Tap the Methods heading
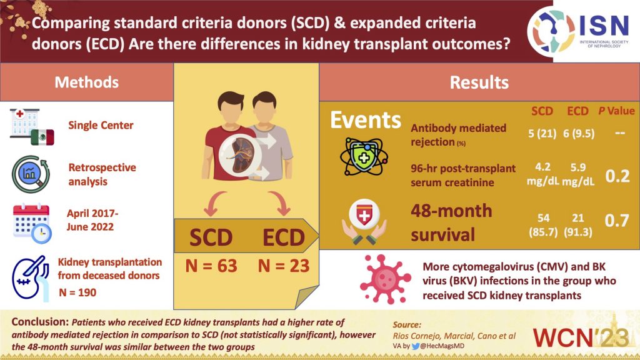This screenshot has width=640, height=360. (x=86, y=82)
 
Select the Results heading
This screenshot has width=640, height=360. (x=479, y=82)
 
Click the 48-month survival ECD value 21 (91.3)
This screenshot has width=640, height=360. (x=577, y=223)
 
